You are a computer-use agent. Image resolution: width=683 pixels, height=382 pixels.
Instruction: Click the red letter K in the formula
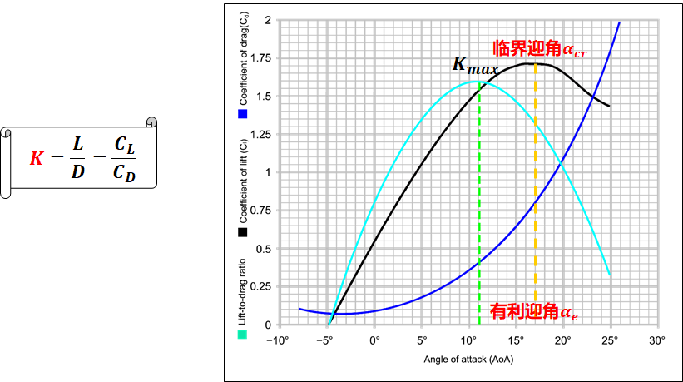[x=35, y=157]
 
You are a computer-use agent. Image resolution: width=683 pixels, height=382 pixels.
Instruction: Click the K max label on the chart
[x=474, y=65]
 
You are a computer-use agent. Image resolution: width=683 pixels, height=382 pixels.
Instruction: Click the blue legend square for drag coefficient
[x=243, y=113]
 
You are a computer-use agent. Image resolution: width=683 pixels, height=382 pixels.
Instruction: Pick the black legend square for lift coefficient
[x=243, y=233]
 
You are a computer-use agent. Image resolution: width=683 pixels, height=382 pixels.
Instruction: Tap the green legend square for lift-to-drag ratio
[x=243, y=335]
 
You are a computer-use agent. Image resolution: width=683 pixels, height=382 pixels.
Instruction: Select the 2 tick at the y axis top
[x=268, y=19]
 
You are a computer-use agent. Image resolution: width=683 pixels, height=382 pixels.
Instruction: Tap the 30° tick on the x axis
[x=657, y=341]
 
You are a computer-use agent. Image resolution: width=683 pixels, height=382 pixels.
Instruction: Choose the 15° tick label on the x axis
[x=517, y=341]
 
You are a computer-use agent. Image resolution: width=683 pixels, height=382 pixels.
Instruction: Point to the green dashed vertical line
[x=480, y=208]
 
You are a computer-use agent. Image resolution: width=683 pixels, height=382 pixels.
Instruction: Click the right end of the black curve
[x=609, y=106]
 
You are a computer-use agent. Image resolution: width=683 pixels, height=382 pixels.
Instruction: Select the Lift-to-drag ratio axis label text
[x=243, y=288]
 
